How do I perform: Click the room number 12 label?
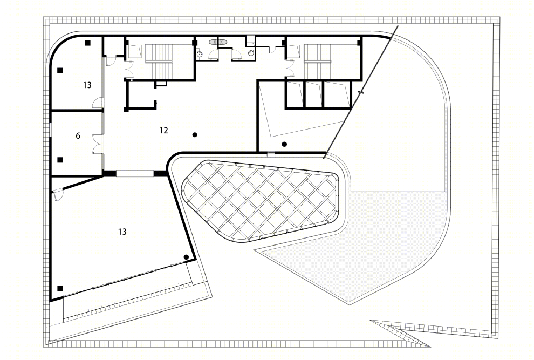[x=163, y=130]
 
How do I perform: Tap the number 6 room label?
[x=78, y=135]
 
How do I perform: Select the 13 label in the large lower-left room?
[x=122, y=232]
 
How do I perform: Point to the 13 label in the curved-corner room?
[x=87, y=85]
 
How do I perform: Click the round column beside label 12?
[x=195, y=134]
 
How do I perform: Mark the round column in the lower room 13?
[x=186, y=257]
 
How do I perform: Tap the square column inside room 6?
[x=60, y=160]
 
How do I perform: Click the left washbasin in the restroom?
[x=200, y=53]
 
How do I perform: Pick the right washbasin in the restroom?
[x=251, y=52]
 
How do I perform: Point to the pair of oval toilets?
[x=218, y=42]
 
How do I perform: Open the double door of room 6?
[x=98, y=144]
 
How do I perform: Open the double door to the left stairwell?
[x=129, y=70]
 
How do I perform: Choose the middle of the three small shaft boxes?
[x=313, y=94]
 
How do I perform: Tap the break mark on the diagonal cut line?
[x=361, y=92]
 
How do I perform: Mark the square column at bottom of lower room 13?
[x=60, y=288]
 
